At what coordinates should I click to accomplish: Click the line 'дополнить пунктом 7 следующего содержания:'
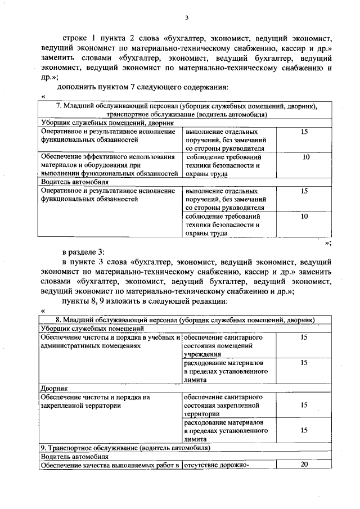[143, 88]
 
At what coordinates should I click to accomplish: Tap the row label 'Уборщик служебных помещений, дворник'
[106, 123]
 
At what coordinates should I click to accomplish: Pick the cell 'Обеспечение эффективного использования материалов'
[107, 165]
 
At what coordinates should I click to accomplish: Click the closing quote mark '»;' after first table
[328, 242]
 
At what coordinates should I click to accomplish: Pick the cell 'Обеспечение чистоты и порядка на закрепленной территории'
[96, 400]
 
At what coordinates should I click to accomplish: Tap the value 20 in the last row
[304, 465]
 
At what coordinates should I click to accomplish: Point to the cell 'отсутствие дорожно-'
[216, 465]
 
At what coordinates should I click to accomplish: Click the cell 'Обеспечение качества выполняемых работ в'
[110, 465]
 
